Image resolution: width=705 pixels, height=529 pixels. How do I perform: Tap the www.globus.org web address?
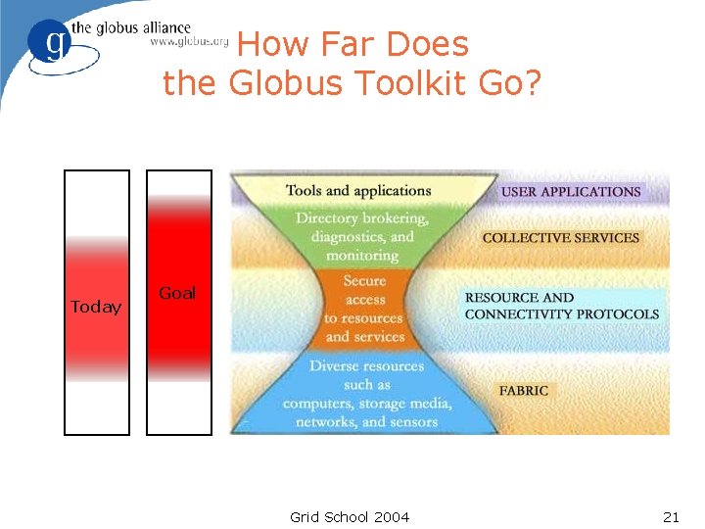click(x=189, y=42)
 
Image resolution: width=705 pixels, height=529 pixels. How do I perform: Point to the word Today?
click(x=96, y=308)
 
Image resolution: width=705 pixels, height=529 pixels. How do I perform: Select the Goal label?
click(x=177, y=293)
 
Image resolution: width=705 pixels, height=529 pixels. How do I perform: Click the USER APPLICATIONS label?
click(x=571, y=192)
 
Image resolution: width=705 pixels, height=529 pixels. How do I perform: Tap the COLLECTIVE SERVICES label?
click(x=560, y=237)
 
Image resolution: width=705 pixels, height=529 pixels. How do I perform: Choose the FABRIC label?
click(x=524, y=390)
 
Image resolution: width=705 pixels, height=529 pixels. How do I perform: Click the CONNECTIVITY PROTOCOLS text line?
click(x=562, y=314)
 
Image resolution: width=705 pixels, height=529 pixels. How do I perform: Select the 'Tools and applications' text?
click(x=358, y=191)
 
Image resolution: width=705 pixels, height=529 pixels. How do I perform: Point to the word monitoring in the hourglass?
click(x=362, y=255)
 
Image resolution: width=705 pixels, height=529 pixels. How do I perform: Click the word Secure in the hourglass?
click(x=364, y=281)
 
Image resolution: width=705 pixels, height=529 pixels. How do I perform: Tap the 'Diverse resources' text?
click(x=366, y=366)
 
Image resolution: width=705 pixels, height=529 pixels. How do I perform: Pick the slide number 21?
click(x=671, y=516)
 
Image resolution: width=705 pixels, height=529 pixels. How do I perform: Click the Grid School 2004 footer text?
click(x=350, y=516)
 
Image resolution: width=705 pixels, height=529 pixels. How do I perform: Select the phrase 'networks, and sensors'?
click(x=366, y=421)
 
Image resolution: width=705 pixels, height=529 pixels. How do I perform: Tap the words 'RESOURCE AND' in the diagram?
click(x=519, y=298)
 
